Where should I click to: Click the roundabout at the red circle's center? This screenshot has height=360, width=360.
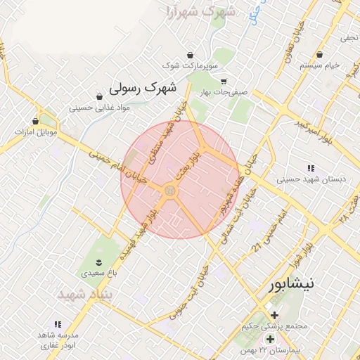169,191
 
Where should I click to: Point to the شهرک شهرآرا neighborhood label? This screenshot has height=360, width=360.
198,12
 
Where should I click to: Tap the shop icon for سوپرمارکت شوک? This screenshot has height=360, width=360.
191,55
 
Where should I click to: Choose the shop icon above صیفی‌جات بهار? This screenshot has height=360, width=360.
224,81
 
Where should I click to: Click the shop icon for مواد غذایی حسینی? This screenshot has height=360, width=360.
98,97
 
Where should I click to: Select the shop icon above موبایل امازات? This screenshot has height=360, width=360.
35,121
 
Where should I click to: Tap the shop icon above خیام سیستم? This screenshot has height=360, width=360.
319,54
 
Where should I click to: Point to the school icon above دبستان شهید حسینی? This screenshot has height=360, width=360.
311,167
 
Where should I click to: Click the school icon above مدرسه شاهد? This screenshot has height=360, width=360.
58,324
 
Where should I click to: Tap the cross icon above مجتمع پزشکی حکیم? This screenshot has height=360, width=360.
274,315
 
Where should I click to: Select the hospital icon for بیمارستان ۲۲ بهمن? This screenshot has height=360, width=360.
270,339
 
